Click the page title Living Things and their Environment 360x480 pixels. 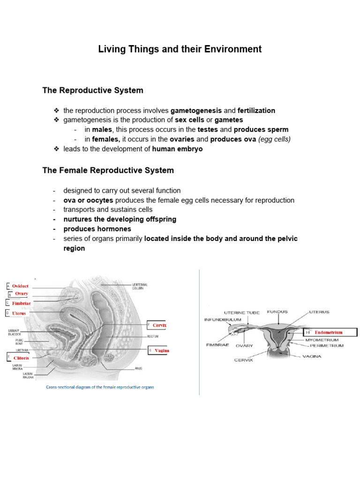pos(180,49)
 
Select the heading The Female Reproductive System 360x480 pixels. pos(108,171)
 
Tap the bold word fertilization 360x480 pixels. pos(256,111)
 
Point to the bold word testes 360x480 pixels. pos(208,129)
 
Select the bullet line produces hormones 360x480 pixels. pos(97,229)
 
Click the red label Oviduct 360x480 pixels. pos(20,285)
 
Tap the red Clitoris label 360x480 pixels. pos(21,358)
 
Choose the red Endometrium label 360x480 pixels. pos(328,332)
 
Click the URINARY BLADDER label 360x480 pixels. pos(15,333)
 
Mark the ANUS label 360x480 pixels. pos(138,368)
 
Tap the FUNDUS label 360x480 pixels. pos(277,312)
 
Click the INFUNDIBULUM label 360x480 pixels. pos(222,320)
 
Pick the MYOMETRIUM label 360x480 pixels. pos(322,339)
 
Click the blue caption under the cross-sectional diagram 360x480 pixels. pos(99,387)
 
